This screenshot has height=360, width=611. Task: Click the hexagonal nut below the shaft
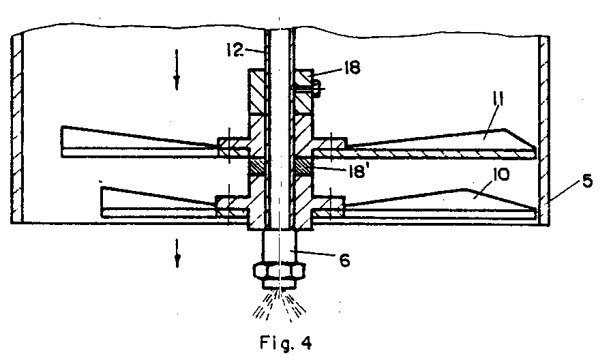[279, 271]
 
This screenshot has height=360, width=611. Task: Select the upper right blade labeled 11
[443, 142]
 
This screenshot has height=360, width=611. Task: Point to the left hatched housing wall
[18, 130]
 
